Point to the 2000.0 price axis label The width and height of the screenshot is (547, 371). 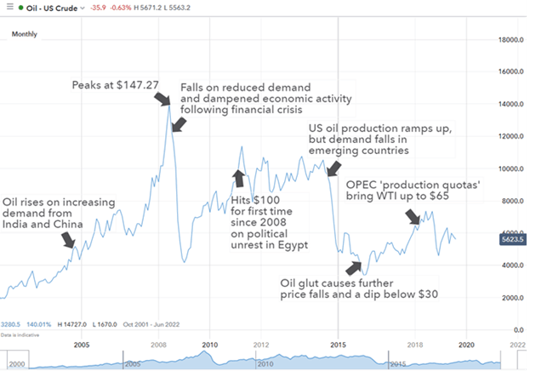517,298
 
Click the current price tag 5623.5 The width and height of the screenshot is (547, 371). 516,240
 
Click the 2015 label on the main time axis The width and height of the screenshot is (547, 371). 338,345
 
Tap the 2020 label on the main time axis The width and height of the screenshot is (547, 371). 466,345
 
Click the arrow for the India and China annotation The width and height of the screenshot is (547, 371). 71,242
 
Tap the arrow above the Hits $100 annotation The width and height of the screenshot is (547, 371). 238,177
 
